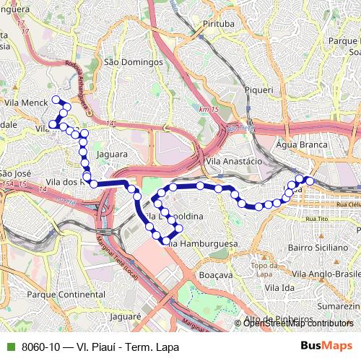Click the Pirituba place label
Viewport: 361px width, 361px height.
pyautogui.click(x=219, y=24)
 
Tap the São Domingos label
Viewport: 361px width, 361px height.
pyautogui.click(x=134, y=62)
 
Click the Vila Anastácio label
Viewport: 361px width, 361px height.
pyautogui.click(x=232, y=161)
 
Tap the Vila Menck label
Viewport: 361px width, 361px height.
pyautogui.click(x=25, y=103)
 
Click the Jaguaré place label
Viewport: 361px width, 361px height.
pyautogui.click(x=125, y=316)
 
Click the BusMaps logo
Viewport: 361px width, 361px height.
pyautogui.click(x=326, y=347)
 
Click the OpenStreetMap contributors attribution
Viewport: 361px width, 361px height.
pyautogui.click(x=298, y=323)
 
